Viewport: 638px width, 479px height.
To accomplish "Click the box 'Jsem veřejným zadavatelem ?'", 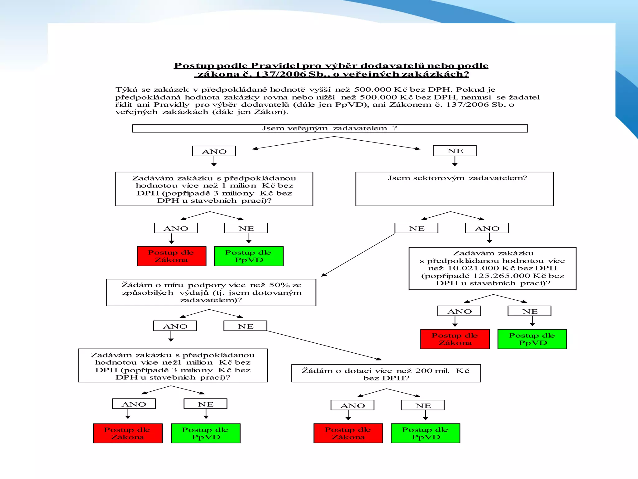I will [x=330, y=128].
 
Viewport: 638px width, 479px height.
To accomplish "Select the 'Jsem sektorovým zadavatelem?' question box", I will [x=455, y=189].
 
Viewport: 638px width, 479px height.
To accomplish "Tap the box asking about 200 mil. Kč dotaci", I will [x=386, y=373].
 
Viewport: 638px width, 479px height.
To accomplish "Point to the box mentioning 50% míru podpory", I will [x=211, y=292].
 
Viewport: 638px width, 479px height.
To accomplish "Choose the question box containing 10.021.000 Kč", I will [x=492, y=268].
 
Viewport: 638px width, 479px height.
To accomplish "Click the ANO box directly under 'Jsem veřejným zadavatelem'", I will [x=214, y=151].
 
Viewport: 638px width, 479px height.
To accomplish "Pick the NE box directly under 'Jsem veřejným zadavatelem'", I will [x=455, y=151].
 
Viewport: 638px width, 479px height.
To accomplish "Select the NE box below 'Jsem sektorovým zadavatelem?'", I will [x=417, y=228].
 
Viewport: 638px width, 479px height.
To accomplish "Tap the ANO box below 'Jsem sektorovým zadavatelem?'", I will [x=487, y=228].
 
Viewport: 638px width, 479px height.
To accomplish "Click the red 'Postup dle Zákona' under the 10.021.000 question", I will [x=455, y=339].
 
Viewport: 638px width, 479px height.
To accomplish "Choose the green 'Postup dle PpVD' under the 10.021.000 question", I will [x=532, y=339].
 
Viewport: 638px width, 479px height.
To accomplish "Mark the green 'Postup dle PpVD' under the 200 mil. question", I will [x=425, y=433].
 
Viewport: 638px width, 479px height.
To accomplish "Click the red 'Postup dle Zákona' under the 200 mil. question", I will [x=348, y=433].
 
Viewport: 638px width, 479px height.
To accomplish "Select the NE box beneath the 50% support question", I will [x=245, y=326].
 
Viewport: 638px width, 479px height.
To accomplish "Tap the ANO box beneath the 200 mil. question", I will [x=352, y=405].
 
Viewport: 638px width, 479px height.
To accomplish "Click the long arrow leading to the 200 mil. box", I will [x=324, y=345].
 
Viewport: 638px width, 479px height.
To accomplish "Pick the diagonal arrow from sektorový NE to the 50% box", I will [x=358, y=255].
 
